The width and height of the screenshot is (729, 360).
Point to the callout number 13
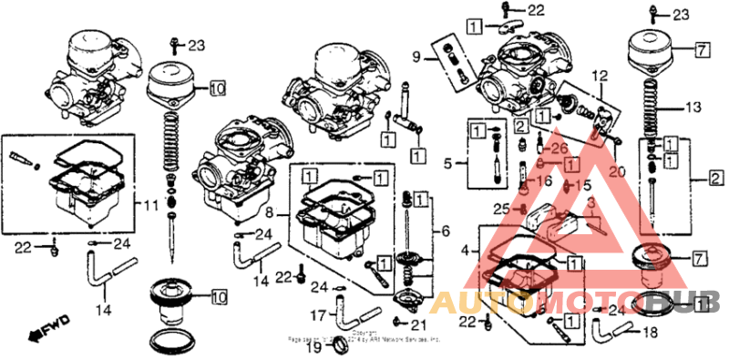coord(693,107)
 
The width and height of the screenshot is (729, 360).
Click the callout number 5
coord(447,164)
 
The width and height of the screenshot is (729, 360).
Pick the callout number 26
coord(559,149)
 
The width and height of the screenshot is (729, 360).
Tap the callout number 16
coord(544,182)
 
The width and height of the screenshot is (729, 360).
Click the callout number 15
coord(571,186)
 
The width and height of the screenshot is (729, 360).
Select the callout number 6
coord(446,232)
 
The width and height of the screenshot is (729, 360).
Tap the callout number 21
coord(417,324)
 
